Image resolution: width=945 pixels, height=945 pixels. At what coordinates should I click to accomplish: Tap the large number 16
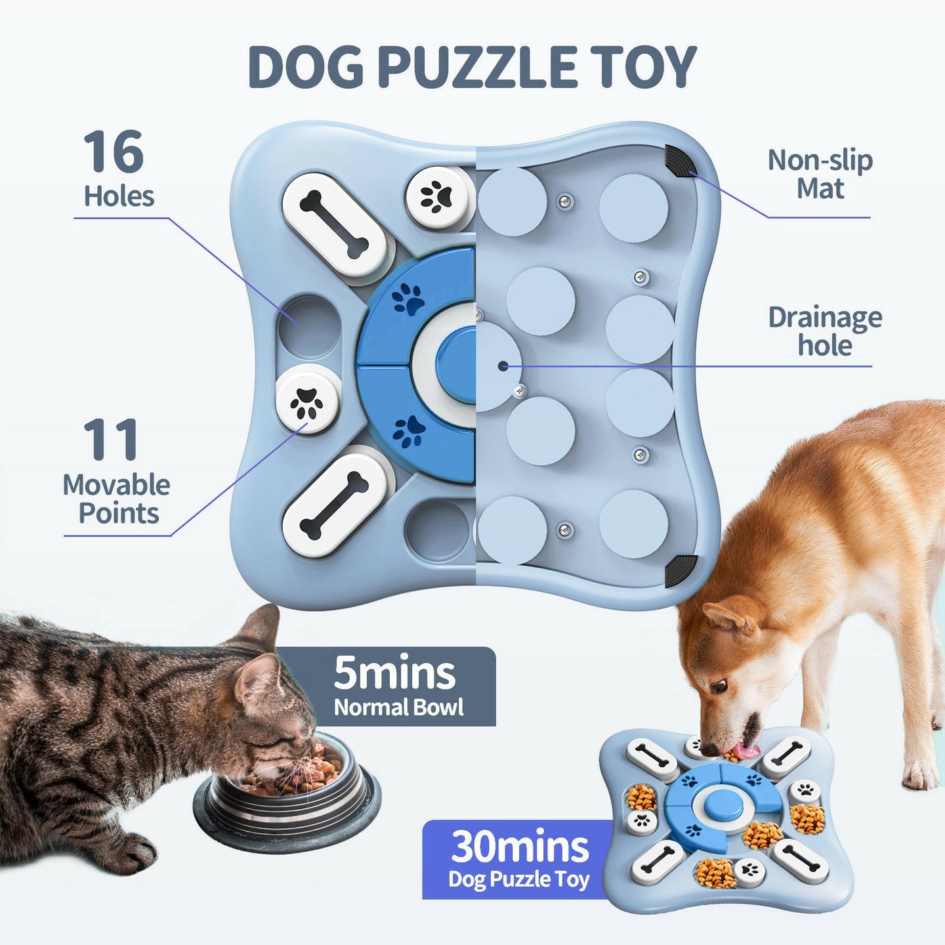pos(114,152)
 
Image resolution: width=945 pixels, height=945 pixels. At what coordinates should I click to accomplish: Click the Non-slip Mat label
pos(820,174)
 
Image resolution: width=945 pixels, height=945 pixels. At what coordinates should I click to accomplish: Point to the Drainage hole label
pos(825,331)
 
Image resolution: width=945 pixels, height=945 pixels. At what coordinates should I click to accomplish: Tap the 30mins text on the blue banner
pos(520,847)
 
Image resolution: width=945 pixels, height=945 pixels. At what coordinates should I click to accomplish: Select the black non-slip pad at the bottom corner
pos(681,570)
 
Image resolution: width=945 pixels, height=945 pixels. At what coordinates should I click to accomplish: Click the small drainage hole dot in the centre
pos(503,366)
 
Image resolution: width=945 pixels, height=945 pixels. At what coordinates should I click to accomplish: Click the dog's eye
pos(721,686)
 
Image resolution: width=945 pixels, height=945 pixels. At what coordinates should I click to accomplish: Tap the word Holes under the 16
pos(119,196)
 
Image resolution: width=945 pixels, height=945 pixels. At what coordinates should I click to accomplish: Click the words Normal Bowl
pos(398,707)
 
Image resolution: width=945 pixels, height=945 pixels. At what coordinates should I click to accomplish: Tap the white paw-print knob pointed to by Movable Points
pos(307,401)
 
